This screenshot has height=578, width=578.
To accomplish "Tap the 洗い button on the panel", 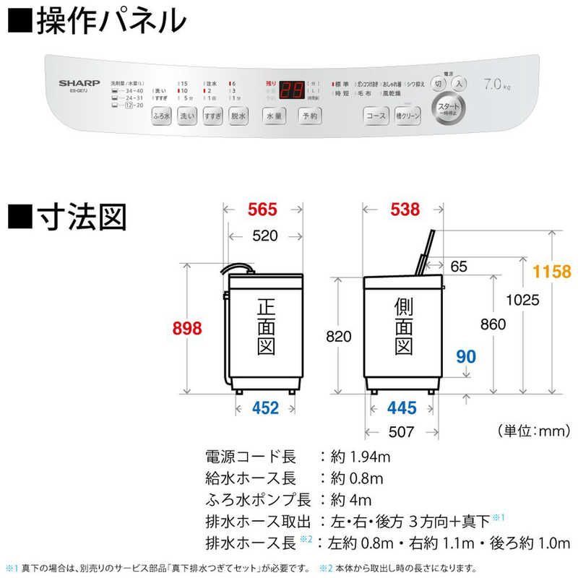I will pyautogui.click(x=187, y=115).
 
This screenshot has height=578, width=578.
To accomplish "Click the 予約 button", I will pyautogui.click(x=310, y=116).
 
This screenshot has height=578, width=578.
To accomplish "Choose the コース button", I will pyautogui.click(x=376, y=116).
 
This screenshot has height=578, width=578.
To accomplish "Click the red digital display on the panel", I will pyautogui.click(x=292, y=90).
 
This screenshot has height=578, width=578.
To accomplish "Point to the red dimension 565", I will pyautogui.click(x=262, y=210).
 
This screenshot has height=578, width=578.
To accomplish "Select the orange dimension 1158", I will pyautogui.click(x=551, y=272).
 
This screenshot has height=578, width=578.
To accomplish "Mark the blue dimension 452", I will pyautogui.click(x=265, y=408).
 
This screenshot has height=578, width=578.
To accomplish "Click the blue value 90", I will pyautogui.click(x=466, y=355).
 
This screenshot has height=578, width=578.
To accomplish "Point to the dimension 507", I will pyautogui.click(x=401, y=432).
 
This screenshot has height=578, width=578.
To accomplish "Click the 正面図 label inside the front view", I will pyautogui.click(x=265, y=328).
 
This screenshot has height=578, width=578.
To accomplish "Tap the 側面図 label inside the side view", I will pyautogui.click(x=402, y=328).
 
